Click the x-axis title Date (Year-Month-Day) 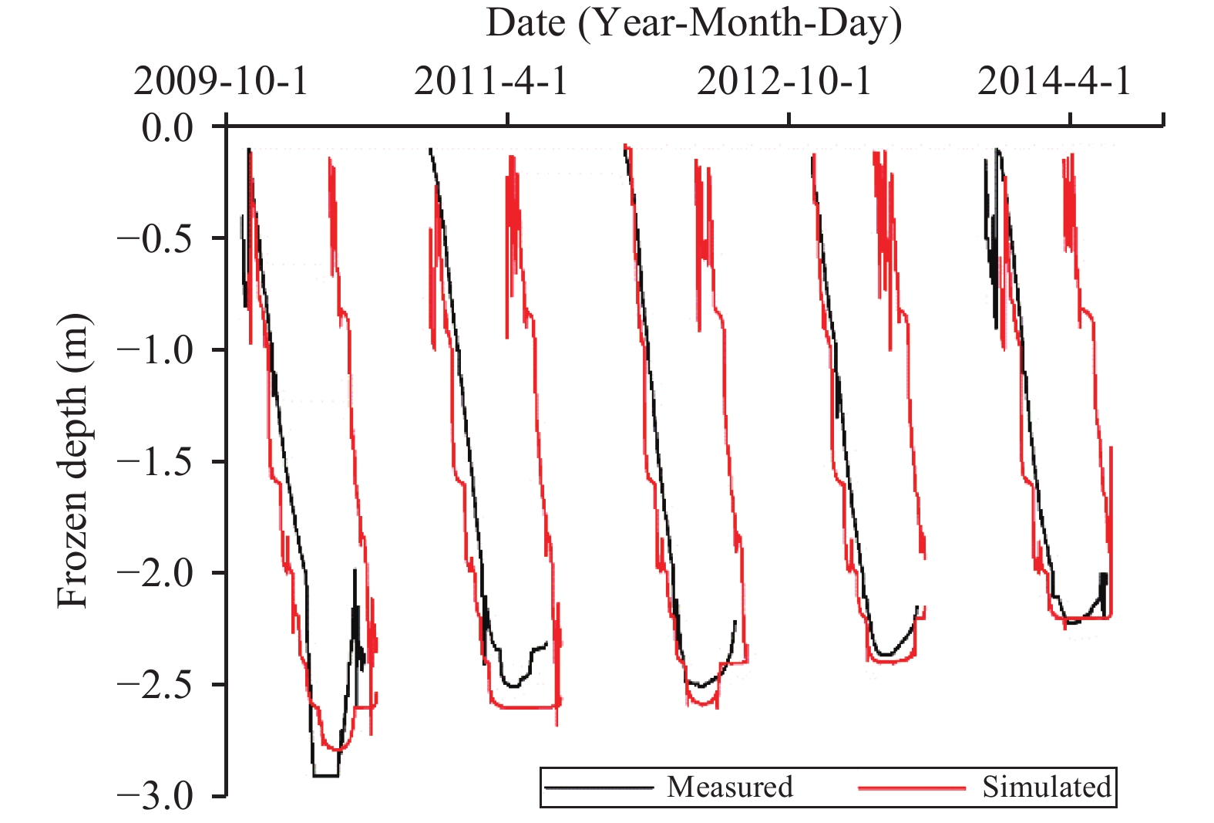693,23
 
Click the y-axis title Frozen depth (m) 73,460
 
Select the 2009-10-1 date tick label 220,81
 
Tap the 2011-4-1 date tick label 491,81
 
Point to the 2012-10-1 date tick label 784,81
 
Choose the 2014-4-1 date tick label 1054,81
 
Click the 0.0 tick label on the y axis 167,127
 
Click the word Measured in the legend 729,787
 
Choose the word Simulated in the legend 1047,787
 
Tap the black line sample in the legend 599,788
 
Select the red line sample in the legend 912,788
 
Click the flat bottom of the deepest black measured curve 325,775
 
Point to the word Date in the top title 526,23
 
